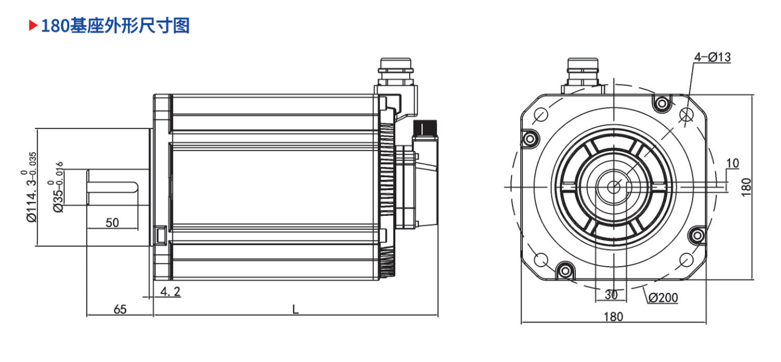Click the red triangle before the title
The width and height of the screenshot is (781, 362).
[33, 25]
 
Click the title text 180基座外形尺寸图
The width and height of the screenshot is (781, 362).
[115, 26]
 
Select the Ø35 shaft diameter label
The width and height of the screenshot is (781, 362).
[56, 187]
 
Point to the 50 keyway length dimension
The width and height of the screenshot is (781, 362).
[112, 223]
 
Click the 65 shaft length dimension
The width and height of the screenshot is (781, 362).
[120, 309]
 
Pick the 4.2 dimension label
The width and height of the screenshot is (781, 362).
[170, 291]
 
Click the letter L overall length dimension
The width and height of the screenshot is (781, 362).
[295, 309]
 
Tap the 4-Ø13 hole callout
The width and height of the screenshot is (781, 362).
[712, 57]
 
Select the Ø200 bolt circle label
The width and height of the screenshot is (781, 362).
[663, 298]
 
